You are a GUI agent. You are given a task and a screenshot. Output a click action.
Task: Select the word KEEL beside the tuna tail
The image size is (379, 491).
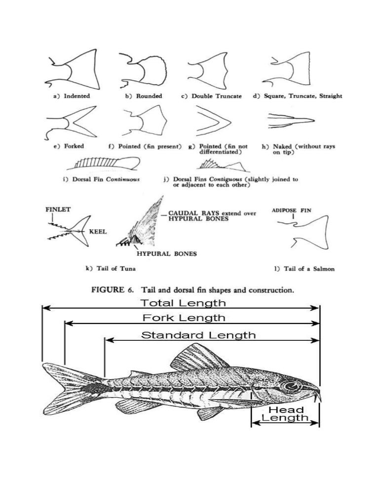point(98,231)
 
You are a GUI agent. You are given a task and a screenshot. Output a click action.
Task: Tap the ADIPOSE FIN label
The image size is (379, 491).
point(292,210)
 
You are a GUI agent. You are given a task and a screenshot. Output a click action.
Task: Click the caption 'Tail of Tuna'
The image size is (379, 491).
point(111,269)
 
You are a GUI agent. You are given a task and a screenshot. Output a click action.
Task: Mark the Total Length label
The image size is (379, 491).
point(183,303)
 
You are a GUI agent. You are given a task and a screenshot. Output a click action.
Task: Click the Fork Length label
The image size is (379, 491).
point(184,318)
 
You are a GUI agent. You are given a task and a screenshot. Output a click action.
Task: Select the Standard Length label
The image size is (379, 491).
point(198,335)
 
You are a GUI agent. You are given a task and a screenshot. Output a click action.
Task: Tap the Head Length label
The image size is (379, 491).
point(286,414)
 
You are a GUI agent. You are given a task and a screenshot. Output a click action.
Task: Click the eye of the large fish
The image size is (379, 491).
point(289,385)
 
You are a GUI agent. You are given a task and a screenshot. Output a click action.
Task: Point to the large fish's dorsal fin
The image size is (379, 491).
point(197,360)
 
